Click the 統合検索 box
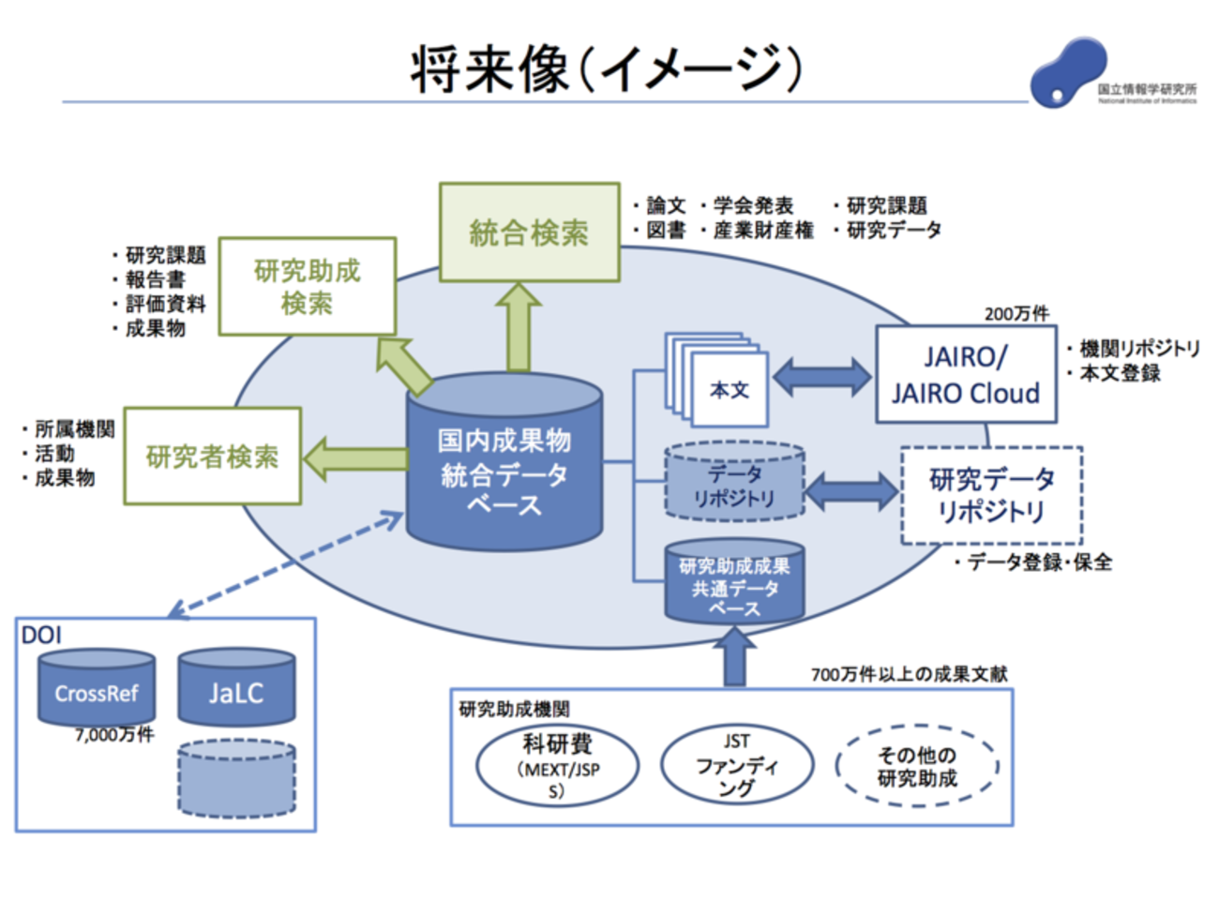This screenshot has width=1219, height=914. pyautogui.click(x=529, y=232)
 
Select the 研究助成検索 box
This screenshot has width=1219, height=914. pyautogui.click(x=308, y=286)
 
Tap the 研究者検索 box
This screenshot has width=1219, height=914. pyautogui.click(x=213, y=457)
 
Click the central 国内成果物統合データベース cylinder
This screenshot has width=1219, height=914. pyautogui.click(x=504, y=462)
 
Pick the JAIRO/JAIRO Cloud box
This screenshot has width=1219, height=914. pyautogui.click(x=967, y=375)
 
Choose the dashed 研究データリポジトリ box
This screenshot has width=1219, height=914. pyautogui.click(x=992, y=496)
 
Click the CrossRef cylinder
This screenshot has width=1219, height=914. pyautogui.click(x=97, y=687)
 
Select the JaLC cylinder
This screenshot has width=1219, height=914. pyautogui.click(x=236, y=687)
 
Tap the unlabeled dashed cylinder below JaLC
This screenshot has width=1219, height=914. pyautogui.click(x=236, y=779)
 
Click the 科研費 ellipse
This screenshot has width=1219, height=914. pyautogui.click(x=558, y=766)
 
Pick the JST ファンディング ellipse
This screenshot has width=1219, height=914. pyautogui.click(x=737, y=765)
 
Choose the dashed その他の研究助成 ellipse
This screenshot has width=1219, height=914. pyautogui.click(x=917, y=766)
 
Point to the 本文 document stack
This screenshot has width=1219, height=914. pyautogui.click(x=716, y=381)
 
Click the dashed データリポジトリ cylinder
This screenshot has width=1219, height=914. pyautogui.click(x=734, y=481)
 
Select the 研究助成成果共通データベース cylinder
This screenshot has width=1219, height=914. pyautogui.click(x=734, y=582)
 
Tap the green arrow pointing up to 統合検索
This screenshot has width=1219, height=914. pyautogui.click(x=519, y=327)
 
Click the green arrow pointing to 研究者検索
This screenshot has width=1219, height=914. pyautogui.click(x=356, y=459)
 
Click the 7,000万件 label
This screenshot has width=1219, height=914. pyautogui.click(x=114, y=735)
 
